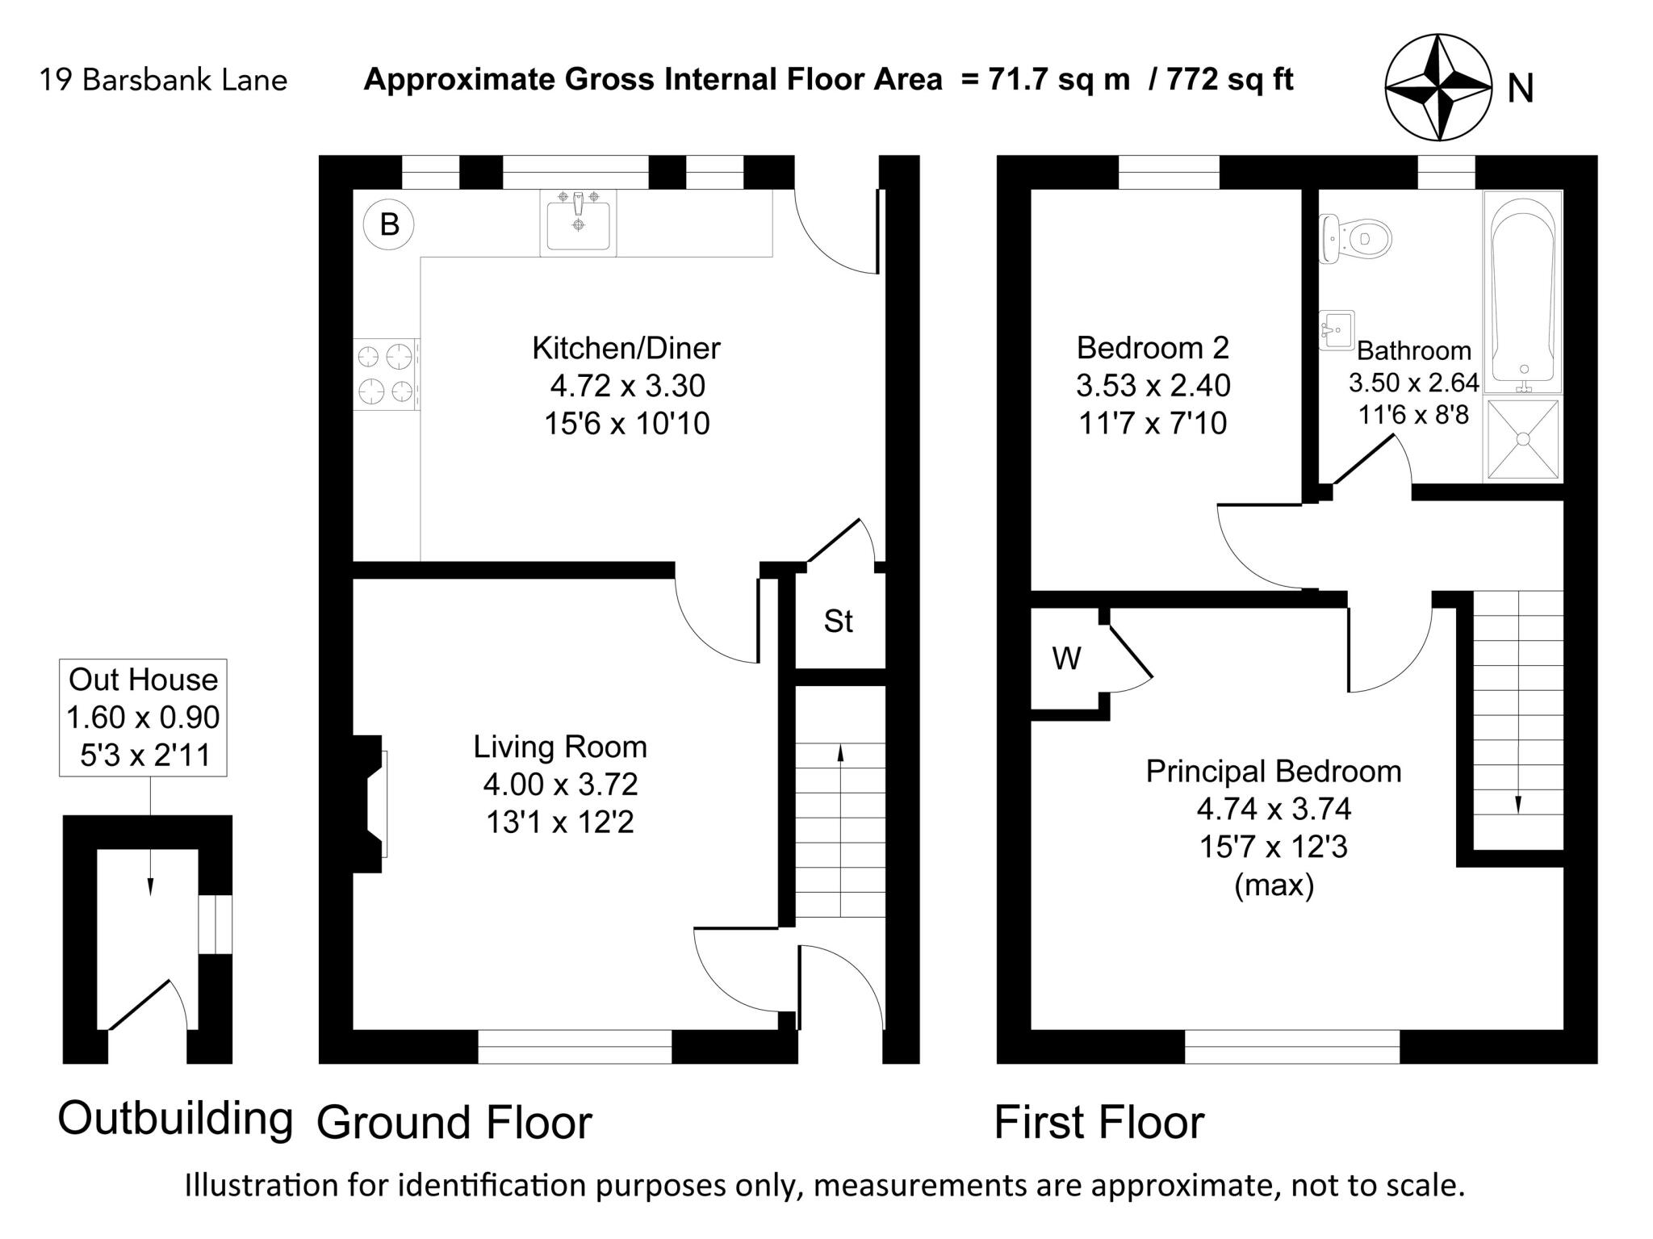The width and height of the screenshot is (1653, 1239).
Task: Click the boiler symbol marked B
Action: click(388, 224)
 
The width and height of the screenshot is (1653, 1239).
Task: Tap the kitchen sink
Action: click(578, 223)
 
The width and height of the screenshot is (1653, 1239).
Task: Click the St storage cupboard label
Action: click(839, 621)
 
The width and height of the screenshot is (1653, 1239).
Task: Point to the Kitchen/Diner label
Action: click(626, 348)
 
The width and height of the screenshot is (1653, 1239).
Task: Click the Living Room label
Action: click(560, 747)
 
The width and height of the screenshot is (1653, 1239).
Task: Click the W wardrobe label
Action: click(1067, 659)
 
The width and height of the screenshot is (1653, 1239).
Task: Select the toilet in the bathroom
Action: click(1354, 238)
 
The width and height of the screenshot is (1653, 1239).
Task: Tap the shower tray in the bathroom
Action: click(1523, 440)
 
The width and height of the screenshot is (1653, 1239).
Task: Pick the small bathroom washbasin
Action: click(1337, 330)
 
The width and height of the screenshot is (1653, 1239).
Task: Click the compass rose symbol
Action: click(1438, 87)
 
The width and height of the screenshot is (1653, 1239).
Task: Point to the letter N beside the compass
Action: click(1521, 89)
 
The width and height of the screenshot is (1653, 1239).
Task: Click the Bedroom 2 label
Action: click(1153, 348)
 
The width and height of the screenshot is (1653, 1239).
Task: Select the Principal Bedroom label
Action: click(1274, 771)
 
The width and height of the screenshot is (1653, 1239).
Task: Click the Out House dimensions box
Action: click(143, 718)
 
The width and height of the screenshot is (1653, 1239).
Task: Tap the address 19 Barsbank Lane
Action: click(163, 81)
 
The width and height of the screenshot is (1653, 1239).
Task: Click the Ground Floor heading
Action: click(454, 1122)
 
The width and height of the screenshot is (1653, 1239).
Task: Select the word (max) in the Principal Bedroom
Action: click(1274, 885)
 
